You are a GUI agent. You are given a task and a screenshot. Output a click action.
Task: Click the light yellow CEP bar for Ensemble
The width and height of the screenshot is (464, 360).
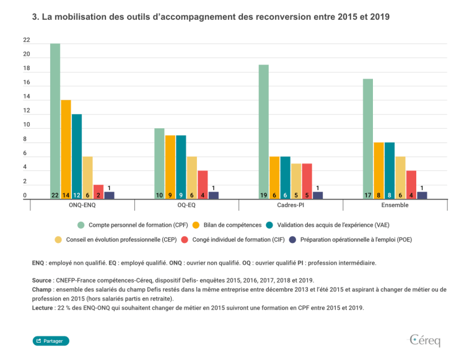(x=400, y=177)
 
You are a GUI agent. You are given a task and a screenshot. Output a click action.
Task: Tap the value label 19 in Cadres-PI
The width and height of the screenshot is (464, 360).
(x=264, y=195)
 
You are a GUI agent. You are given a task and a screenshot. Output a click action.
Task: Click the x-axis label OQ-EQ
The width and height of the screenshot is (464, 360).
(x=186, y=205)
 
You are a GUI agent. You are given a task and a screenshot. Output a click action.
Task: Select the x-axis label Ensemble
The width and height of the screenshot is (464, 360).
(x=395, y=205)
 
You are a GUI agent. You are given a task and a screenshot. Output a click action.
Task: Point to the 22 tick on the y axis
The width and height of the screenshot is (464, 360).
(x=27, y=40)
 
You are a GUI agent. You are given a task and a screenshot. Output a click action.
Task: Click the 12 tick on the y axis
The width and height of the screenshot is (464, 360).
(x=27, y=111)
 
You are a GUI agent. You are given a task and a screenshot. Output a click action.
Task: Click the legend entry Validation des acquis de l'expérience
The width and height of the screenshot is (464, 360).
(x=331, y=225)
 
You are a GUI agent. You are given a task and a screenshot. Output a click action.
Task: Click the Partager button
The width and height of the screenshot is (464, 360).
(x=51, y=341)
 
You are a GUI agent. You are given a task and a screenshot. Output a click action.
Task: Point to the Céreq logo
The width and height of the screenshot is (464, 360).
(x=424, y=340)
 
